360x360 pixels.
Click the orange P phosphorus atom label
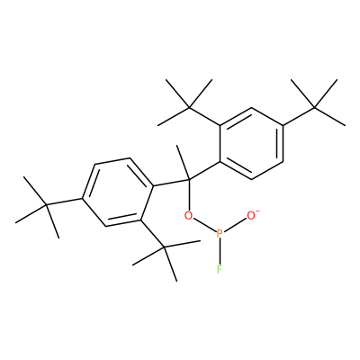[220, 233]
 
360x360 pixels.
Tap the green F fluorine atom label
[220, 270]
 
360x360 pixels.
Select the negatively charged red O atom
[251, 215]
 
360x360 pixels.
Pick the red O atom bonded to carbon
[188, 215]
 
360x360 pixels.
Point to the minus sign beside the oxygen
[257, 211]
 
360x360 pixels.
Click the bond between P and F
[220, 252]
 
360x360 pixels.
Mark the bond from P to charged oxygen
[235, 224]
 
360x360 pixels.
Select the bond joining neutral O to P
[204, 224]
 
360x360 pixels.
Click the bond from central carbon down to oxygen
[189, 195]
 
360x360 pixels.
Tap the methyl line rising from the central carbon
[183, 162]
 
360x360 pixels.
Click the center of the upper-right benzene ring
[251, 144]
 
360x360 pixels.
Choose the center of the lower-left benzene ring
[118, 192]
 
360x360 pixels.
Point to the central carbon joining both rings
[189, 180]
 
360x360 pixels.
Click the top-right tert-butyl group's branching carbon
[314, 107]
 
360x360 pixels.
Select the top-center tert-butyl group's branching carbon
[189, 107]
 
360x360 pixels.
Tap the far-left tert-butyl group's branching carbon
[47, 205]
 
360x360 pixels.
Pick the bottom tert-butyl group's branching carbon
[165, 247]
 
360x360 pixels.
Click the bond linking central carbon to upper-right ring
[204, 171]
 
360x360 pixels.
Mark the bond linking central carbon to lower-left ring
[171, 183]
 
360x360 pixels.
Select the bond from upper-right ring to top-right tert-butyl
[299, 116]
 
